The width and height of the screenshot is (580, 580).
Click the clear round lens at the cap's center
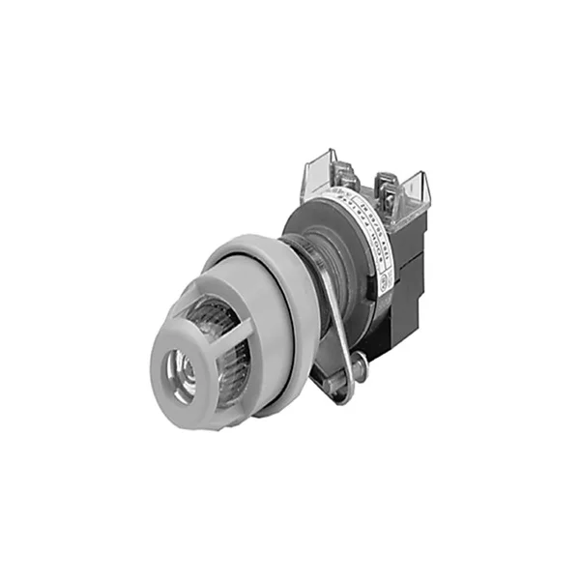tap(180, 369)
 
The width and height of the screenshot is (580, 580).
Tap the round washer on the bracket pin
tap(358, 365)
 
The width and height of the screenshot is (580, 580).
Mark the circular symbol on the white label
tap(384, 286)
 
